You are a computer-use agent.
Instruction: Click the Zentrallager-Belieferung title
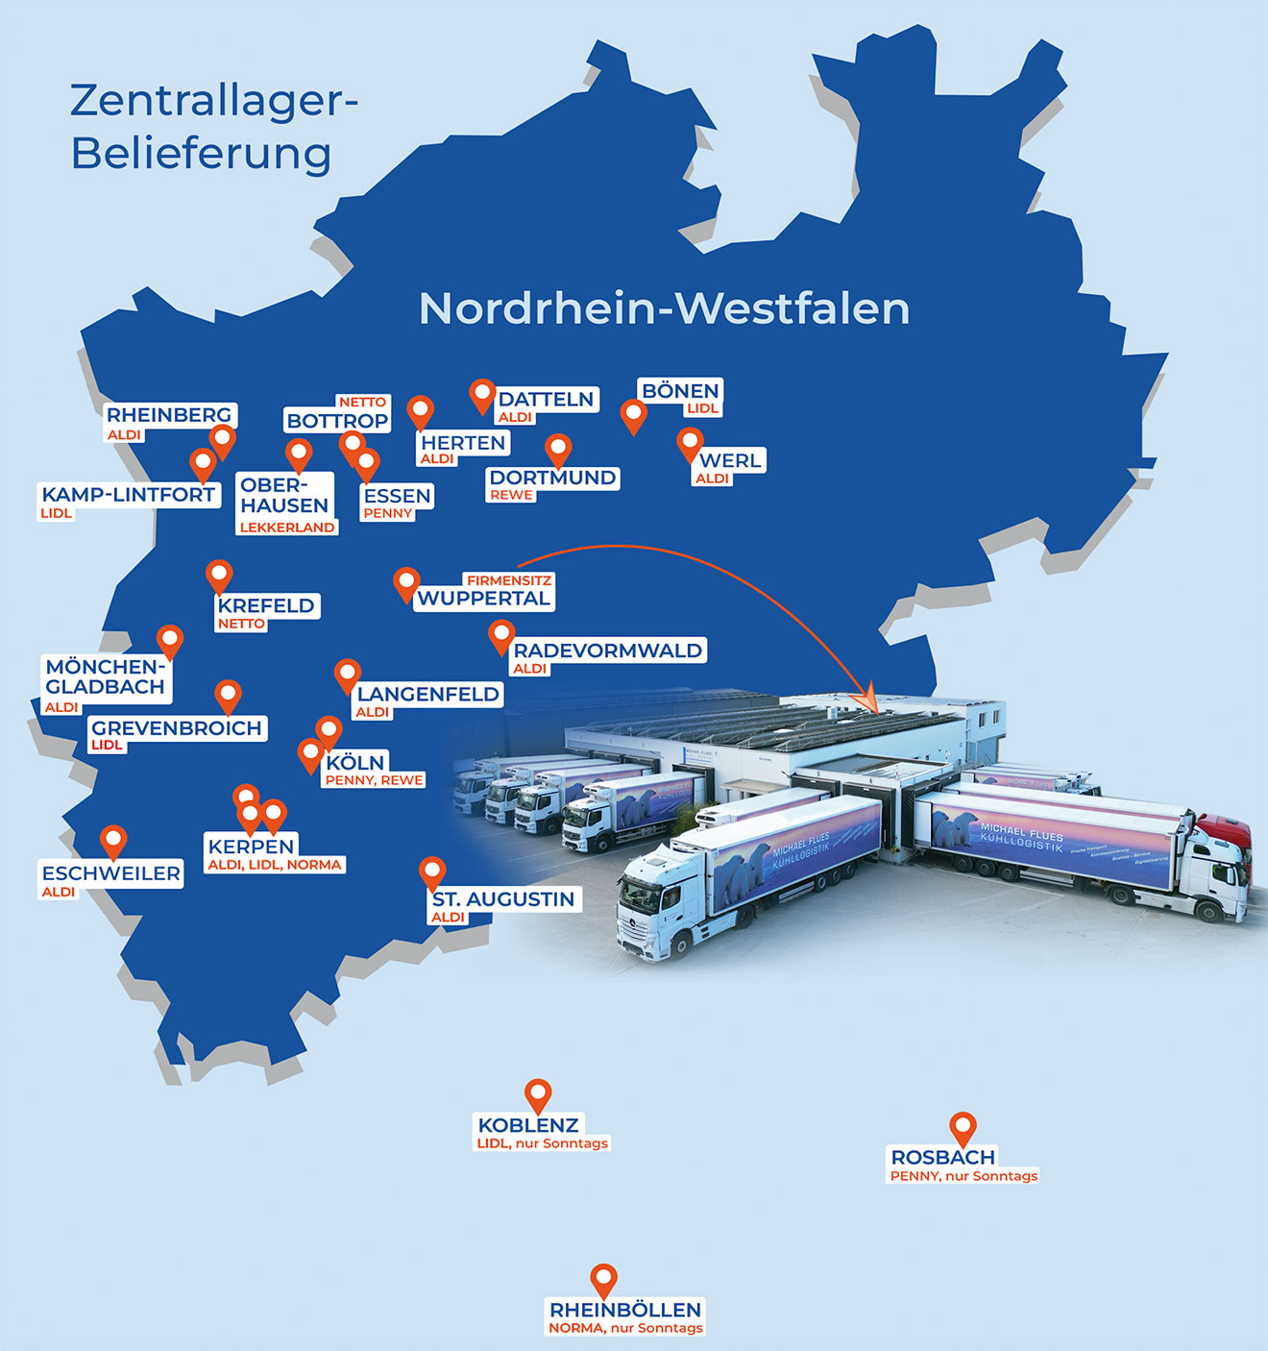coord(213,127)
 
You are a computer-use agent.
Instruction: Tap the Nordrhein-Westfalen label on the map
coord(664,308)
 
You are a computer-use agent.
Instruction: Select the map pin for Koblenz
coord(538,1093)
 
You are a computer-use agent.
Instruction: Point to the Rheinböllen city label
coord(625,1310)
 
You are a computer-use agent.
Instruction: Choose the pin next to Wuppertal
coord(406,582)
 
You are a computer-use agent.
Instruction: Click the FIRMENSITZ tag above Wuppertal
coord(508,580)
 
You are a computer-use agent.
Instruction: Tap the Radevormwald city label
coord(607,651)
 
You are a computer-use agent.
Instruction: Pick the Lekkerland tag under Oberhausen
coord(287,528)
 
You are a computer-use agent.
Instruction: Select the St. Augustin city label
coord(503,899)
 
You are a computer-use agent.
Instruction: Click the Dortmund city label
coord(552,478)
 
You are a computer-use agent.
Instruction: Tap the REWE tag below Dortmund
coord(511,495)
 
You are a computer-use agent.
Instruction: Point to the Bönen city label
coord(680,391)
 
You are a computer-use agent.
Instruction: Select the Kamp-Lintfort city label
coord(129,495)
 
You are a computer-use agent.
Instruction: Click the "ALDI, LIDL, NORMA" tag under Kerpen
coord(275,865)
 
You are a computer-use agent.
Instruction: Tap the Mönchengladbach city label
coord(106,676)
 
